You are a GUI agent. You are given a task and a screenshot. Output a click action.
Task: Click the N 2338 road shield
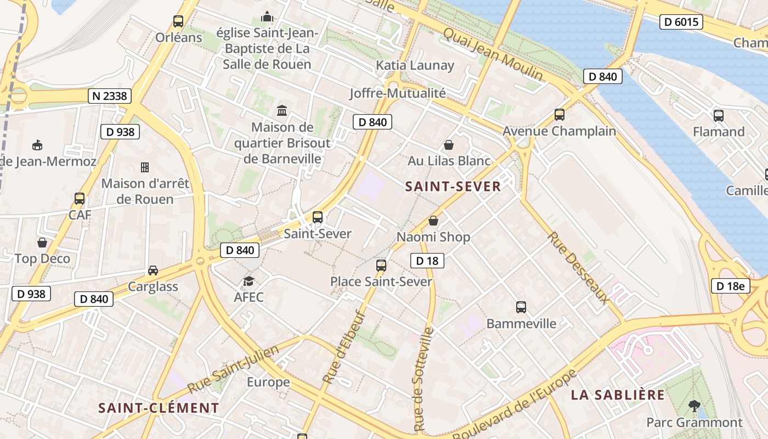click(110, 96)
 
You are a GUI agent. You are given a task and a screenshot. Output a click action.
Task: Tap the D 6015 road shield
click(681, 22)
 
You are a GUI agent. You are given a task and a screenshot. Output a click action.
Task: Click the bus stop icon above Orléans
click(178, 21)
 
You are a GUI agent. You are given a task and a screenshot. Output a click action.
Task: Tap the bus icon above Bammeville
click(521, 307)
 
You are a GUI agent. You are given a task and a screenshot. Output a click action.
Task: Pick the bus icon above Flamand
click(719, 115)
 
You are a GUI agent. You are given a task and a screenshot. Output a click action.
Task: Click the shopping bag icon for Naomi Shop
click(433, 221)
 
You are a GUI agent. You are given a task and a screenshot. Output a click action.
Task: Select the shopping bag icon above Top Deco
click(42, 243)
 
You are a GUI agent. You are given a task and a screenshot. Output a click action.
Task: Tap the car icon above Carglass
click(153, 271)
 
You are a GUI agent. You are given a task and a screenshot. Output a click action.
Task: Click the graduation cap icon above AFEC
click(249, 282)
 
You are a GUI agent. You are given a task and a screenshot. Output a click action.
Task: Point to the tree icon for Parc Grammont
click(694, 407)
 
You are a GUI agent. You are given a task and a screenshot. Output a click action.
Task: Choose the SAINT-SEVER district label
click(453, 187)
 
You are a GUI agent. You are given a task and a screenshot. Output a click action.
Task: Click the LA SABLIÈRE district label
click(618, 395)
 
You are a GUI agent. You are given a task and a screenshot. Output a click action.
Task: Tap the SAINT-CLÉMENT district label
click(159, 408)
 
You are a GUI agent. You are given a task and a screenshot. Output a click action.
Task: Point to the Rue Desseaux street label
click(578, 268)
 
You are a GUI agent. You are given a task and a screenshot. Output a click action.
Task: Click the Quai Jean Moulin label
click(493, 54)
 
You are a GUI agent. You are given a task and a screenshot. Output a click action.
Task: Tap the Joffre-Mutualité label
click(398, 93)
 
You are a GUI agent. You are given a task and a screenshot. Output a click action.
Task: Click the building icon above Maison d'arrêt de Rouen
click(145, 167)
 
